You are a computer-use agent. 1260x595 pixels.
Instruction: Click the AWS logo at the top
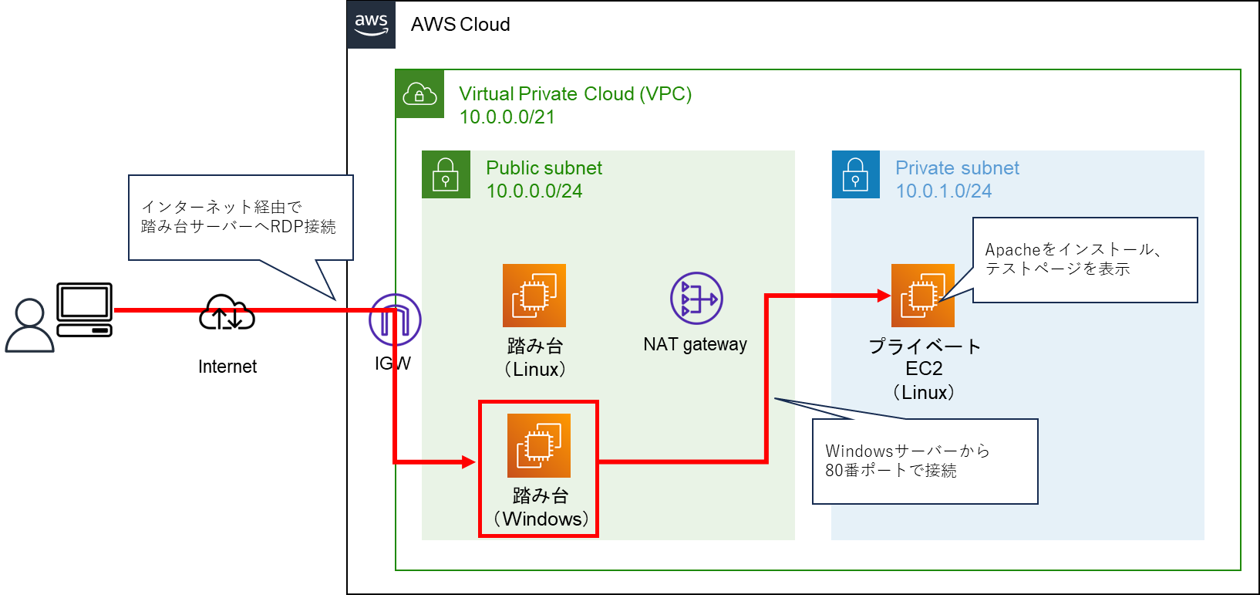pyautogui.click(x=371, y=24)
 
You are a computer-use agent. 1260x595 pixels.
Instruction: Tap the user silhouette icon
pyautogui.click(x=30, y=325)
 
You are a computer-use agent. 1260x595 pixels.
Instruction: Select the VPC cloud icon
pyautogui.click(x=419, y=94)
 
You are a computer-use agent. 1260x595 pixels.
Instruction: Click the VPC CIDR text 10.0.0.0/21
pyautogui.click(x=507, y=117)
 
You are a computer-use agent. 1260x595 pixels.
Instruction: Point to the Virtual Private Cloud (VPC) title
pyautogui.click(x=574, y=93)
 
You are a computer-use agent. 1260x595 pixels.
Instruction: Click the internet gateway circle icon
pyautogui.click(x=395, y=319)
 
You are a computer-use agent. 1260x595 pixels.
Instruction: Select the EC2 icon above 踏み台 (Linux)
pyautogui.click(x=534, y=296)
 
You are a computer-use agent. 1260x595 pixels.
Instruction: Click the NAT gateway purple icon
pyautogui.click(x=696, y=298)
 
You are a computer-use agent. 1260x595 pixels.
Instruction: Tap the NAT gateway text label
pyautogui.click(x=695, y=344)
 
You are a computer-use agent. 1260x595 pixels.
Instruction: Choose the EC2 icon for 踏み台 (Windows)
pyautogui.click(x=539, y=445)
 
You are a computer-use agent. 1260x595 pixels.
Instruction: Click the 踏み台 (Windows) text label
pyautogui.click(x=541, y=507)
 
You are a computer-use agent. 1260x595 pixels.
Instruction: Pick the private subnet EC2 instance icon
pyautogui.click(x=923, y=296)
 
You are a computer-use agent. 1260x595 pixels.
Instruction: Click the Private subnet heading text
pyautogui.click(x=957, y=167)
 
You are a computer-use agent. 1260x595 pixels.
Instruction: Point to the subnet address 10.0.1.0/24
pyautogui.click(x=943, y=191)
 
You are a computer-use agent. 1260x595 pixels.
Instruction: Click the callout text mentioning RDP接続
pyautogui.click(x=238, y=217)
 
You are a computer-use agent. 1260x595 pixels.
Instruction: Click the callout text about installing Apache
pyautogui.click(x=1073, y=259)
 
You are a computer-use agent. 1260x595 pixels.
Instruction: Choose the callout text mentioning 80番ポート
pyautogui.click(x=907, y=461)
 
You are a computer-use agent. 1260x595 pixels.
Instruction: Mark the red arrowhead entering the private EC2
pyautogui.click(x=884, y=295)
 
